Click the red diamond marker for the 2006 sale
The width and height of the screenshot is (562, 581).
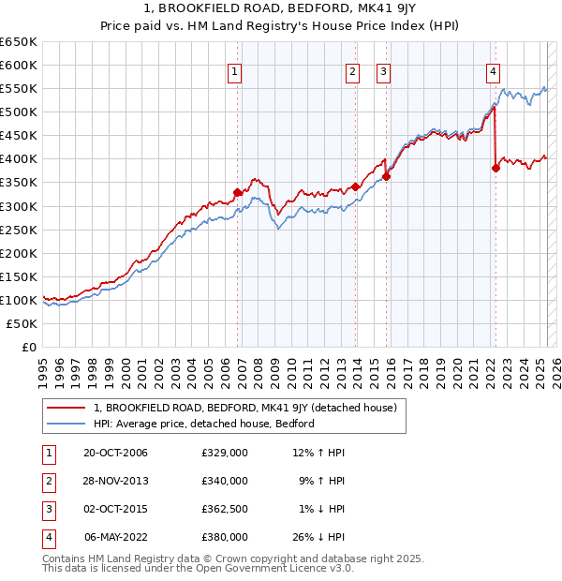pyautogui.click(x=238, y=192)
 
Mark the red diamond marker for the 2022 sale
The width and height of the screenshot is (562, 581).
pyautogui.click(x=495, y=168)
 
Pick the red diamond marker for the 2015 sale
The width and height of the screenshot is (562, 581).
pyautogui.click(x=386, y=176)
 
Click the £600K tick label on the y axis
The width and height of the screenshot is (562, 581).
pyautogui.click(x=19, y=65)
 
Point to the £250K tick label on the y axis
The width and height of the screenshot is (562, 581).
pyautogui.click(x=19, y=230)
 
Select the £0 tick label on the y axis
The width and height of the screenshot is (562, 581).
pyautogui.click(x=29, y=347)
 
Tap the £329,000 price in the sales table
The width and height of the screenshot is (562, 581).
pyautogui.click(x=225, y=454)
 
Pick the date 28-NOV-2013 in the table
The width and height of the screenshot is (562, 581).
pyautogui.click(x=115, y=482)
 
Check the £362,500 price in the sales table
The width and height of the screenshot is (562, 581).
pyautogui.click(x=225, y=510)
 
